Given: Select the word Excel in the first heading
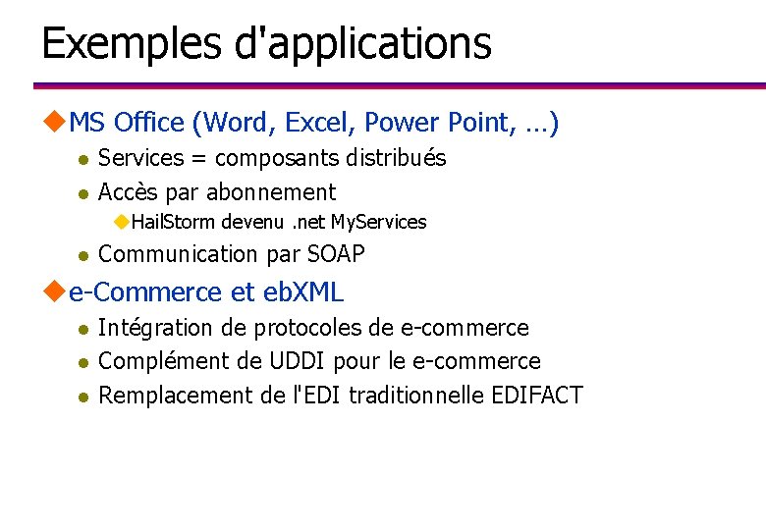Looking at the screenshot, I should [321, 123].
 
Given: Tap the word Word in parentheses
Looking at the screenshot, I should [239, 123].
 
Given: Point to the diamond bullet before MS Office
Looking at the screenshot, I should [55, 122].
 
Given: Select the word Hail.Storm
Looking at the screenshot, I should [173, 222].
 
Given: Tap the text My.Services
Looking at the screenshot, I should [378, 222].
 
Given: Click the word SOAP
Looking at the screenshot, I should [336, 254].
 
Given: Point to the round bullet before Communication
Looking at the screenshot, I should [83, 256].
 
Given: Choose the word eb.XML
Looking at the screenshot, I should [303, 291].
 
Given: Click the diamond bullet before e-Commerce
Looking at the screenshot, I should [55, 291].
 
